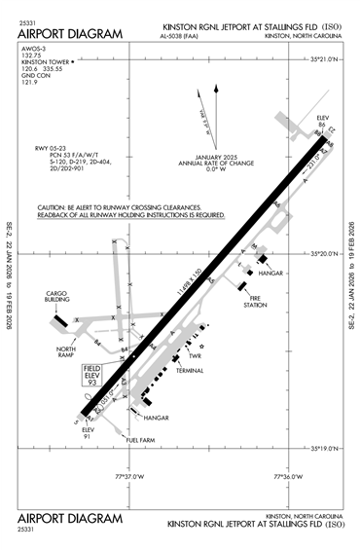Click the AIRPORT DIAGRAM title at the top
pyautogui.click(x=71, y=34)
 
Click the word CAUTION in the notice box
pyautogui.click(x=52, y=207)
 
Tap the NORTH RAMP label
pyautogui.click(x=66, y=352)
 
